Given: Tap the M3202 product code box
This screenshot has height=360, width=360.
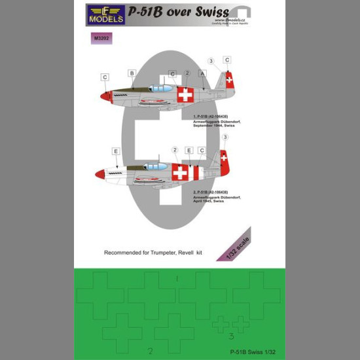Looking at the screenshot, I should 102,39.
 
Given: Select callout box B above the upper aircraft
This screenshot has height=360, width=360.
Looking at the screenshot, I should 132,73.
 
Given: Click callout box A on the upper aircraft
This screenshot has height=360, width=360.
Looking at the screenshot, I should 203,73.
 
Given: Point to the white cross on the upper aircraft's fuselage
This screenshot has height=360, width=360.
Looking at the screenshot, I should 186,95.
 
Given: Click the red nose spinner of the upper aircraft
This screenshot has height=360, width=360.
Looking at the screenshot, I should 103,96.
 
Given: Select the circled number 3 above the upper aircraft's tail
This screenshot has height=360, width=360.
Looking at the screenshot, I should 211,61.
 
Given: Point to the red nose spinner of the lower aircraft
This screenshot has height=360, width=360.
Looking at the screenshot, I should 99,174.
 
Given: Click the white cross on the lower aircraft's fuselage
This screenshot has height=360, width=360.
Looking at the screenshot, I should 181,173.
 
